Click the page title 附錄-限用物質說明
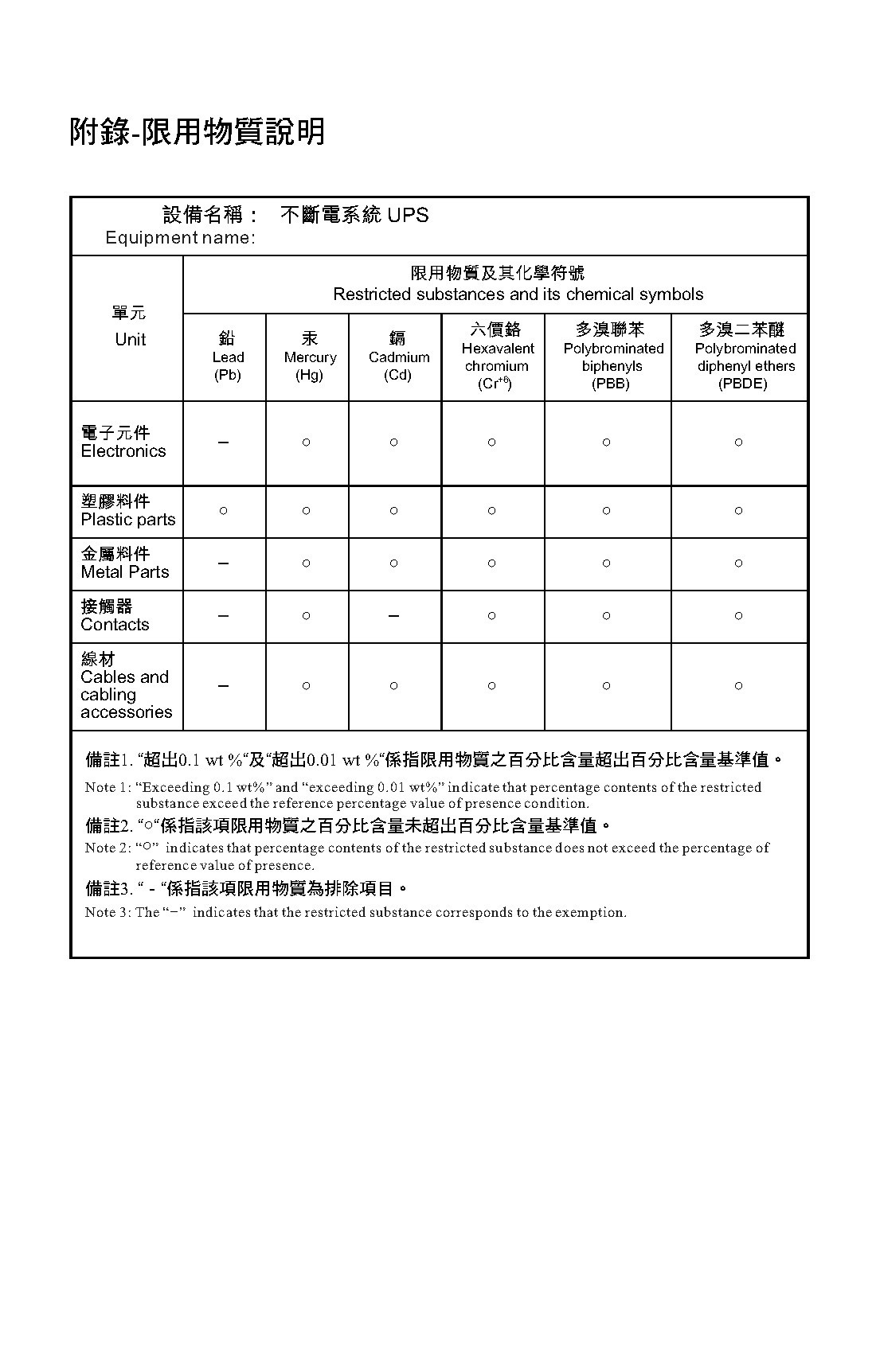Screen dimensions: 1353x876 pyautogui.click(x=197, y=132)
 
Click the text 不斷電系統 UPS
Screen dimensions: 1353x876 pyautogui.click(x=354, y=215)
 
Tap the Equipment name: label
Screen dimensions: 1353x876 pyautogui.click(x=180, y=238)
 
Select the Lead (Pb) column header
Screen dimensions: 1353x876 pyautogui.click(x=227, y=357)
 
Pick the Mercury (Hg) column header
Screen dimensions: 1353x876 pyautogui.click(x=310, y=357)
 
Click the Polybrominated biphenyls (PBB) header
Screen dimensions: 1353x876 pyautogui.click(x=612, y=357)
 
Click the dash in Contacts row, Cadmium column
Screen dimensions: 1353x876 pyautogui.click(x=393, y=616)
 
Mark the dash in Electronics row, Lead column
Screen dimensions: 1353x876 pyautogui.click(x=224, y=443)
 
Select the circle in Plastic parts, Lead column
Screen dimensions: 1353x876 pyautogui.click(x=224, y=511)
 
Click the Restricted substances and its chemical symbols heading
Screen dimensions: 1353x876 pyautogui.click(x=518, y=294)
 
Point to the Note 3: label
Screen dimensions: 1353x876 pyautogui.click(x=108, y=912)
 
